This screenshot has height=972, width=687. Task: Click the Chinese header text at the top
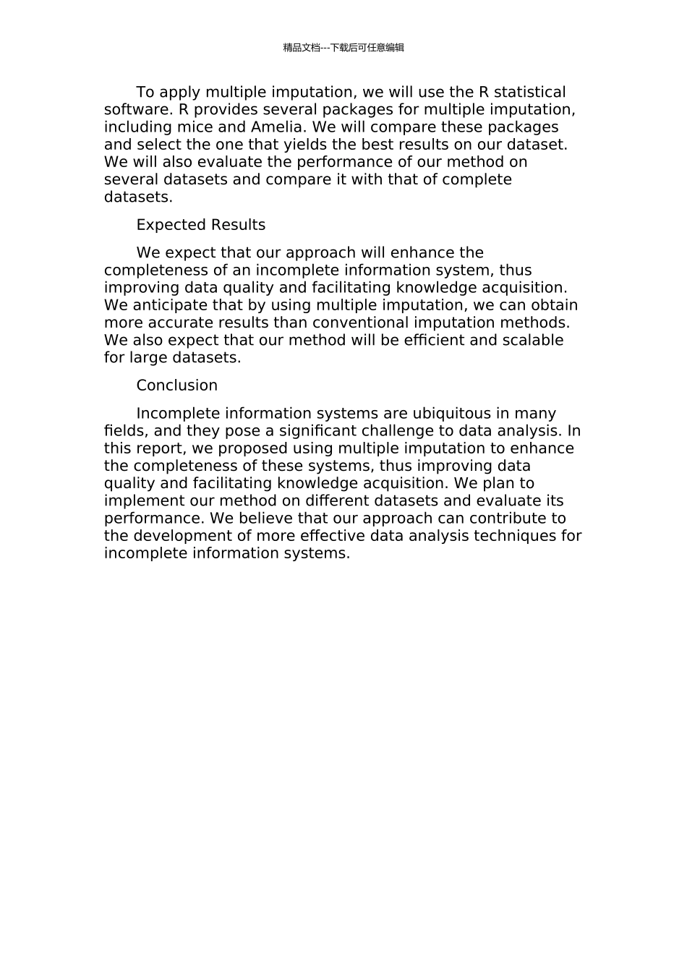(x=343, y=48)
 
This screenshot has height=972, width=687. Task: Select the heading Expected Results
(x=200, y=225)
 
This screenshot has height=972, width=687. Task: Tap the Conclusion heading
(x=176, y=385)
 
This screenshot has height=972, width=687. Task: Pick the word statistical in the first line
(x=530, y=93)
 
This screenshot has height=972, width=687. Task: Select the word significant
(x=318, y=431)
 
